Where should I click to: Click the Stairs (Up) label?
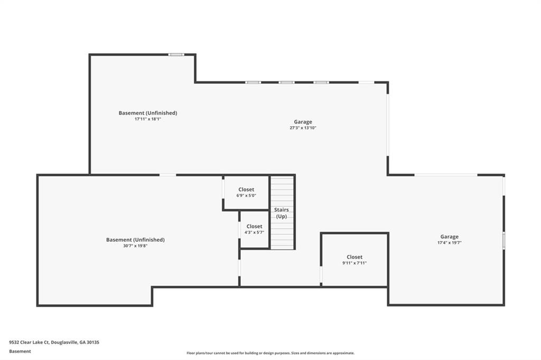282,213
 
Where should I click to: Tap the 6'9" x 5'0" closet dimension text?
246,195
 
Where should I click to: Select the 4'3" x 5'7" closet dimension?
254,232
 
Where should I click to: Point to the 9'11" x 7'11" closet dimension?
355,263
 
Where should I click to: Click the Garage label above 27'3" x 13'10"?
303,122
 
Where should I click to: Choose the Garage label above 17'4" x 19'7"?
449,236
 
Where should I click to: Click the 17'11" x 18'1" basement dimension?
148,119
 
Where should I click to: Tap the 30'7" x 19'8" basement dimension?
135,246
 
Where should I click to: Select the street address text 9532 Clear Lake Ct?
30,343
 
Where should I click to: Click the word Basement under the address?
20,352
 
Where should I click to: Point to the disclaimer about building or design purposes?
270,353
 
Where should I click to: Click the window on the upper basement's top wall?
176,54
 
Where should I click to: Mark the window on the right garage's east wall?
503,240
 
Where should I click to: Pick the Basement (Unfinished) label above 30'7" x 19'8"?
135,240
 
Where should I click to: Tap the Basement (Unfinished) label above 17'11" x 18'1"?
148,113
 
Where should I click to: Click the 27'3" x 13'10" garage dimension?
303,128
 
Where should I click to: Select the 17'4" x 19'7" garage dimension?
449,243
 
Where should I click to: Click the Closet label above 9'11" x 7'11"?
355,257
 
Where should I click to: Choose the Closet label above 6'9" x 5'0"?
246,190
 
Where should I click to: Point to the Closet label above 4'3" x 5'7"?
254,226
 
